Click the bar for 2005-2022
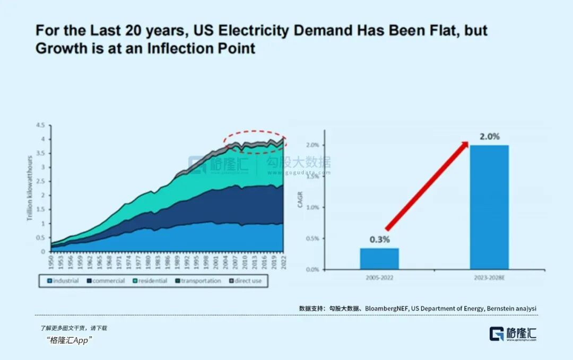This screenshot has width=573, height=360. [379, 259]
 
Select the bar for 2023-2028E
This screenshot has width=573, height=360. [489, 207]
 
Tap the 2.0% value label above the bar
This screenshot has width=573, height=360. [489, 137]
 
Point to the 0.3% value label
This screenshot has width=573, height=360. [379, 240]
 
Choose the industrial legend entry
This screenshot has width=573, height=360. [63, 280]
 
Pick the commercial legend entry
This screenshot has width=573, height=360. [106, 280]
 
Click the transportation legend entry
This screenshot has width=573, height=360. [197, 280]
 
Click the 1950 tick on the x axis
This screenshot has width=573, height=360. [51, 261]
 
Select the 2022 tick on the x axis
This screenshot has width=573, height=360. [283, 261]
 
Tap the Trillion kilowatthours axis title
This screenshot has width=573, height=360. [30, 189]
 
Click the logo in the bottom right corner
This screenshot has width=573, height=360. [513, 333]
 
